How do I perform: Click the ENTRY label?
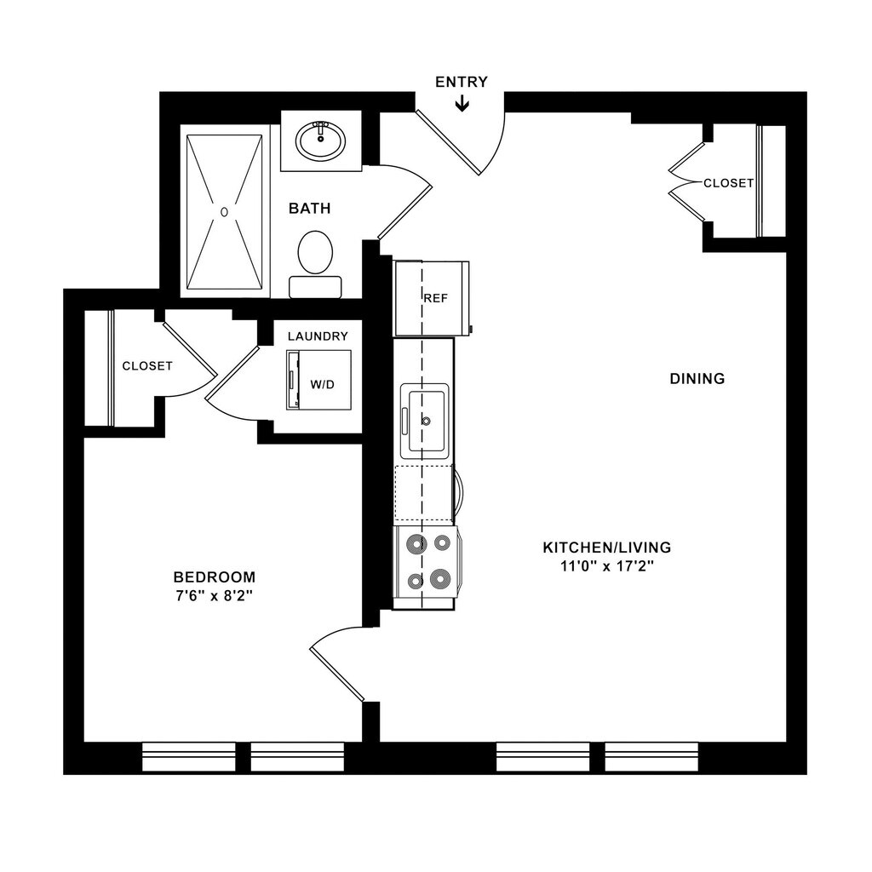(x=462, y=82)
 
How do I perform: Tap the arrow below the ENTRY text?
(x=462, y=103)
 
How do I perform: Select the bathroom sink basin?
(x=321, y=141)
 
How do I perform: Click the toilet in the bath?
(x=315, y=253)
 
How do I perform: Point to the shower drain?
(x=225, y=210)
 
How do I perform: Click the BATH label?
(x=309, y=209)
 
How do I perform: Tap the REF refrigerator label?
(x=436, y=298)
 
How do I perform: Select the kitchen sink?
(x=427, y=418)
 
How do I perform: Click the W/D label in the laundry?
(x=323, y=384)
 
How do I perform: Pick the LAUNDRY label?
(x=318, y=336)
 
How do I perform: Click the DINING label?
(x=697, y=378)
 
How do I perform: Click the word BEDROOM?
(x=214, y=577)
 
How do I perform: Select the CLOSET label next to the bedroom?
(x=147, y=366)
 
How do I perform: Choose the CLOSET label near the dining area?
(x=728, y=183)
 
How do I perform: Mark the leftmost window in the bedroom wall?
(x=188, y=756)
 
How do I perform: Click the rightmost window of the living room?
(x=651, y=756)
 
